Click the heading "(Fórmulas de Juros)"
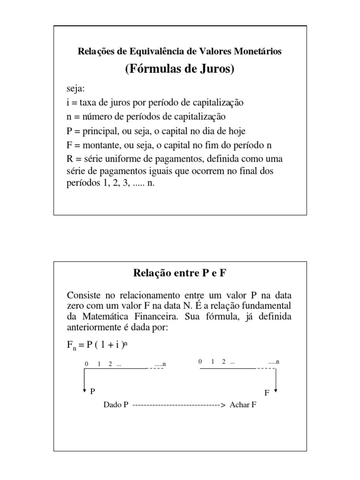coord(180,69)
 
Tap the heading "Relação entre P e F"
coord(180,273)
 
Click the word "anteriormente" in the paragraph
coord(95,328)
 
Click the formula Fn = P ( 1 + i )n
coord(97,345)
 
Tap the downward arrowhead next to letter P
coord(84,390)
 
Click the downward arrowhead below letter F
coord(276,390)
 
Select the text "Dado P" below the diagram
coord(116,405)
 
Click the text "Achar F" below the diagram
coord(243,405)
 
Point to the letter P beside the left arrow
coord(92,390)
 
